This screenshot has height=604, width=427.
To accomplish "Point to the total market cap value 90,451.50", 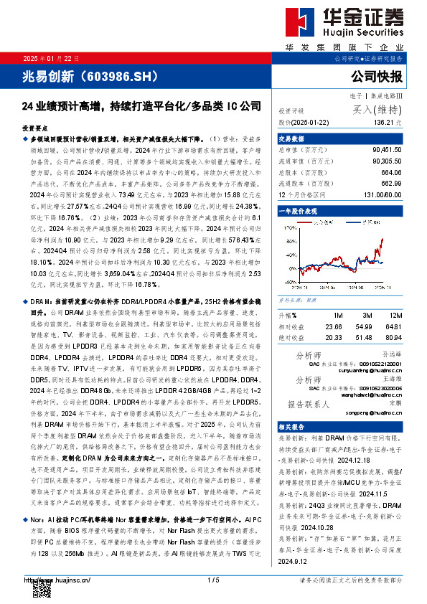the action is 387,149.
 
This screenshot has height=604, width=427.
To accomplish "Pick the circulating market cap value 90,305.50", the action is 387,162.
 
